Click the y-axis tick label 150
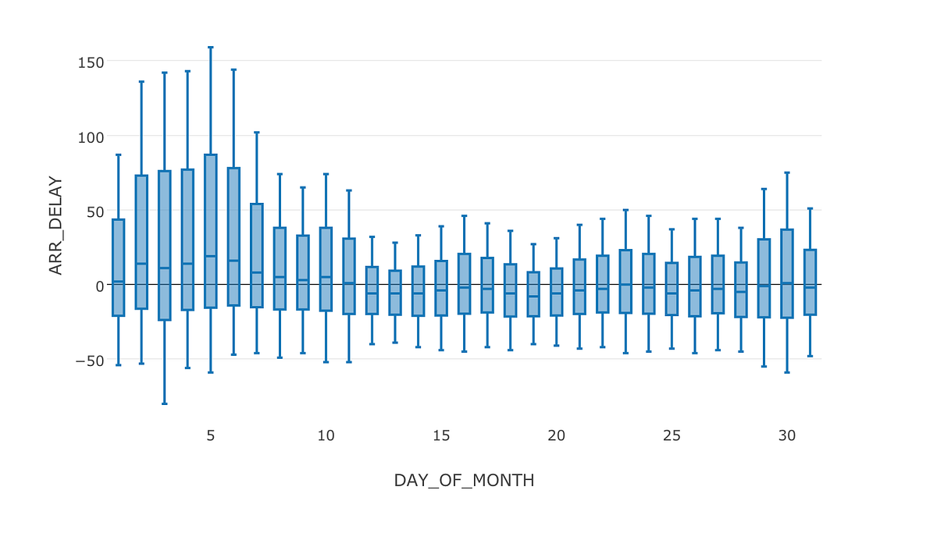tap(91, 62)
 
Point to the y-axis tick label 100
tap(91, 137)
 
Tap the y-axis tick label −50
tap(89, 361)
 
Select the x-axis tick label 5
tap(210, 435)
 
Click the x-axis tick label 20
tap(556, 435)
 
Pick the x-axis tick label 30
tap(787, 435)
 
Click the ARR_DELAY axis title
tap(55, 225)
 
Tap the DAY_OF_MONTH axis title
tap(464, 481)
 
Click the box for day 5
tap(211, 231)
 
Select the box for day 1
tap(119, 268)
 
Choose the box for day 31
tap(811, 282)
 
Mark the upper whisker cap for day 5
tap(211, 48)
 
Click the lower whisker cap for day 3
tap(165, 403)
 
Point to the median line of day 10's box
tap(326, 277)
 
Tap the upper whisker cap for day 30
tap(787, 172)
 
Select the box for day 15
tap(441, 288)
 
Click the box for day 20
tap(556, 292)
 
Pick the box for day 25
tap(672, 289)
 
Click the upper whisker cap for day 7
tap(257, 133)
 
